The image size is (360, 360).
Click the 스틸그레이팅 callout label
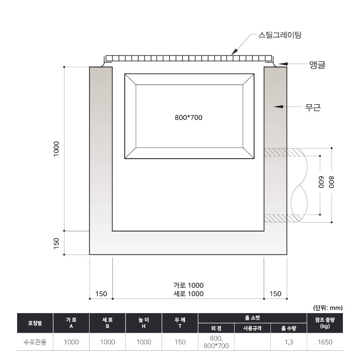[280, 35]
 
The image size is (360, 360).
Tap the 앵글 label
[317, 65]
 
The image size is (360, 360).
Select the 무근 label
[313, 107]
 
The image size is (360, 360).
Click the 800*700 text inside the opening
[188, 118]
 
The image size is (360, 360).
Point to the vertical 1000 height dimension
[56, 149]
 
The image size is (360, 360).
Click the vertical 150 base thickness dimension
[56, 243]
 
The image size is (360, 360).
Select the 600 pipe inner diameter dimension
[321, 182]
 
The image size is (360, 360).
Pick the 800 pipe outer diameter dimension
[331, 182]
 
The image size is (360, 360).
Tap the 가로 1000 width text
[188, 285]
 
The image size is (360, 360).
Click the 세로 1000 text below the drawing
[188, 293]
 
